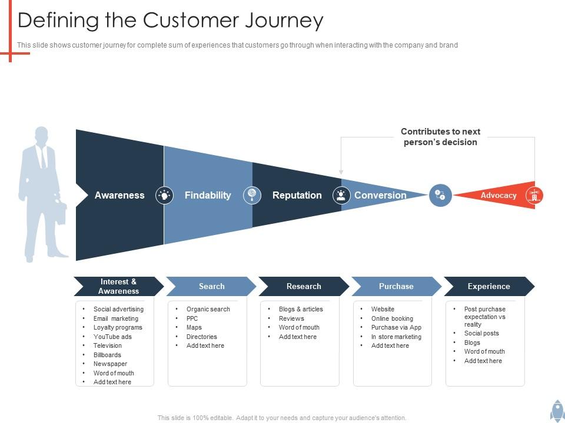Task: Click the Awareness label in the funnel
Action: [x=119, y=195]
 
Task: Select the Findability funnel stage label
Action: [x=208, y=195]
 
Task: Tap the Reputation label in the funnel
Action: [x=297, y=195]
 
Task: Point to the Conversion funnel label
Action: [x=380, y=195]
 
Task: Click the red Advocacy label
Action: [x=498, y=195]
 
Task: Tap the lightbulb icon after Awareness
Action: [x=164, y=195]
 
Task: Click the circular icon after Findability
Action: [x=252, y=195]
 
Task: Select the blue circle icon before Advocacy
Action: [x=440, y=195]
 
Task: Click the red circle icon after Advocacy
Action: [x=534, y=195]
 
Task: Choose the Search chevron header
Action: [x=211, y=286]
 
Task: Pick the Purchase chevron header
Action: [x=396, y=286]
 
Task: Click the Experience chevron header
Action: [x=488, y=286]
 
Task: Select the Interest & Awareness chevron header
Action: [x=118, y=286]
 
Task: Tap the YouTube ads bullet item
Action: [x=112, y=337]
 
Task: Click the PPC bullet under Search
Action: [x=192, y=318]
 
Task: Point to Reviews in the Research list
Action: [x=291, y=318]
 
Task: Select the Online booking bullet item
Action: [x=392, y=318]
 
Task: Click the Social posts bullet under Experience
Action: [x=481, y=333]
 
